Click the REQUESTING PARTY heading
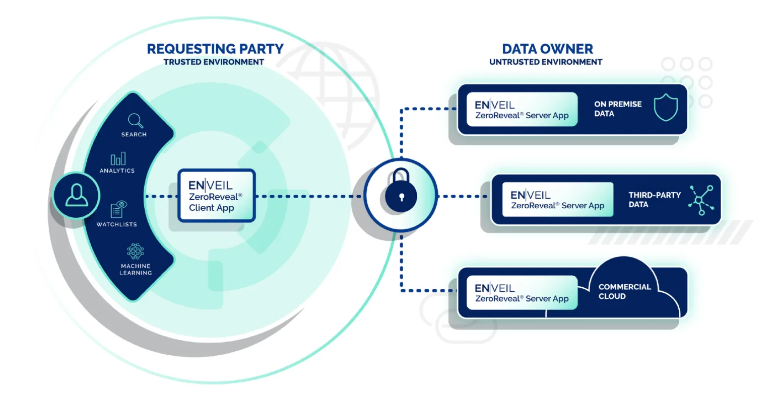[215, 49]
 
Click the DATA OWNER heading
[547, 49]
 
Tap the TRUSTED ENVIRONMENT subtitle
[214, 62]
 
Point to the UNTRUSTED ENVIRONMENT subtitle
[546, 62]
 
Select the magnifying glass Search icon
[135, 121]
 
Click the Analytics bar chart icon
[118, 159]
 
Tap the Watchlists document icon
[118, 209]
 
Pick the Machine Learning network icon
[136, 251]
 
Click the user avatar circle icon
[77, 195]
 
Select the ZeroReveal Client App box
[217, 196]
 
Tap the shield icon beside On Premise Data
[666, 107]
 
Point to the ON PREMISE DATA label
[618, 109]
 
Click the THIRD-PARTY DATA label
[654, 199]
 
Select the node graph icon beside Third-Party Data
[701, 200]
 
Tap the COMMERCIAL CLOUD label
[624, 291]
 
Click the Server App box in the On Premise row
[522, 109]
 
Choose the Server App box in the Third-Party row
[557, 199]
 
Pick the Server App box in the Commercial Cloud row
[522, 292]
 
